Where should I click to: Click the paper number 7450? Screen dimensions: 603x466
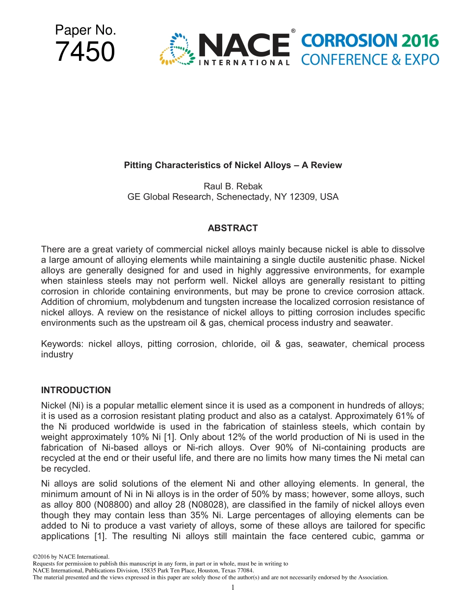85,52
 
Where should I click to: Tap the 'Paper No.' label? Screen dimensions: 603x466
85,30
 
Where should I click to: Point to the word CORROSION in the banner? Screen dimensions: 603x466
349,41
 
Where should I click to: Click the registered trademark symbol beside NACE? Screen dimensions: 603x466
293,31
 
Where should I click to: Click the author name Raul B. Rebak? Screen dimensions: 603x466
233,186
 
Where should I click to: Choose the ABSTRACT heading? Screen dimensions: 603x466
233,228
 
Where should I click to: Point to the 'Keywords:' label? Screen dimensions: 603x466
62,344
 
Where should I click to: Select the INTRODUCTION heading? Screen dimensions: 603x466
76,390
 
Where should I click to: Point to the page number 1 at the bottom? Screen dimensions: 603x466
233,587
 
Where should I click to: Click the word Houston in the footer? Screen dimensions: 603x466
194,571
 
